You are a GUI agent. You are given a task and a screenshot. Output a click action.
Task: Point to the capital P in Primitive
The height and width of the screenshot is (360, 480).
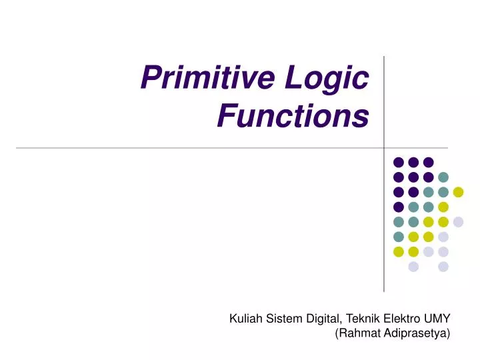[149, 80]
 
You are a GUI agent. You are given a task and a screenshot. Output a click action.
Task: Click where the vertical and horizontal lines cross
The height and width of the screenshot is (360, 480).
[385, 147]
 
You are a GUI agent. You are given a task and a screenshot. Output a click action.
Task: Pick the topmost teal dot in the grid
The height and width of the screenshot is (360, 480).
[443, 177]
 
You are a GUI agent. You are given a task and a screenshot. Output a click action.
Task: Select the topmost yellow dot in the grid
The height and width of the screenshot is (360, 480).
[458, 192]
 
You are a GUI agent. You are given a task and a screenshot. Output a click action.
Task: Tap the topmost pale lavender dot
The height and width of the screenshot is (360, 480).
[458, 222]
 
